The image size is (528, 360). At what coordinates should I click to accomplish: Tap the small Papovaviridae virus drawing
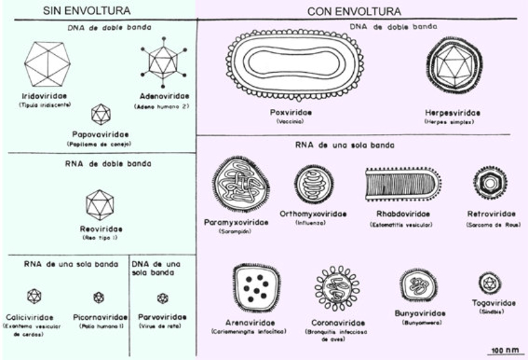click(100, 114)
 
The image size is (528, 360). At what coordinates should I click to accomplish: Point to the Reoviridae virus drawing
click(100, 205)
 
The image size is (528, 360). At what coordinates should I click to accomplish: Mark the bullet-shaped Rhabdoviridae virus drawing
click(403, 184)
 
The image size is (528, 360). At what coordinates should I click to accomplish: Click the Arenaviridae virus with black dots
click(254, 286)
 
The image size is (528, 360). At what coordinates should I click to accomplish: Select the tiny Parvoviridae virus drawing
click(162, 298)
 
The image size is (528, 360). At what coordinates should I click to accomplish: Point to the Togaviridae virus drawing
click(490, 283)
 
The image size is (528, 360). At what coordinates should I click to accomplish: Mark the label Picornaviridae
click(99, 317)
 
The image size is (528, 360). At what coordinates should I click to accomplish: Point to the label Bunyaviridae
click(418, 312)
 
